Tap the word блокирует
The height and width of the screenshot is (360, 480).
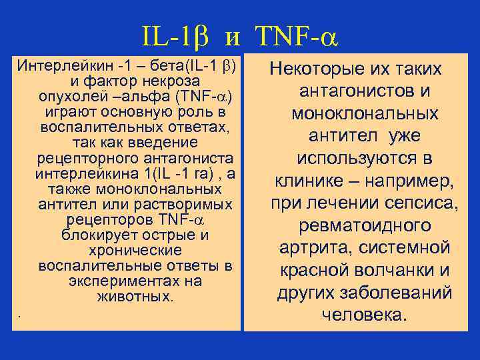(x=98, y=235)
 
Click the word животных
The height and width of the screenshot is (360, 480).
(x=134, y=297)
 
